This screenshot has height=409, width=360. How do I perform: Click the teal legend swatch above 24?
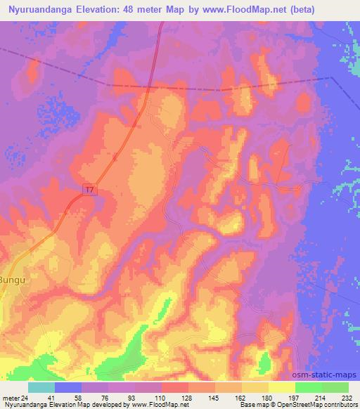coord(41,387)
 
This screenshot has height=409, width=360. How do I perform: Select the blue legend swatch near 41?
coord(69,387)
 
